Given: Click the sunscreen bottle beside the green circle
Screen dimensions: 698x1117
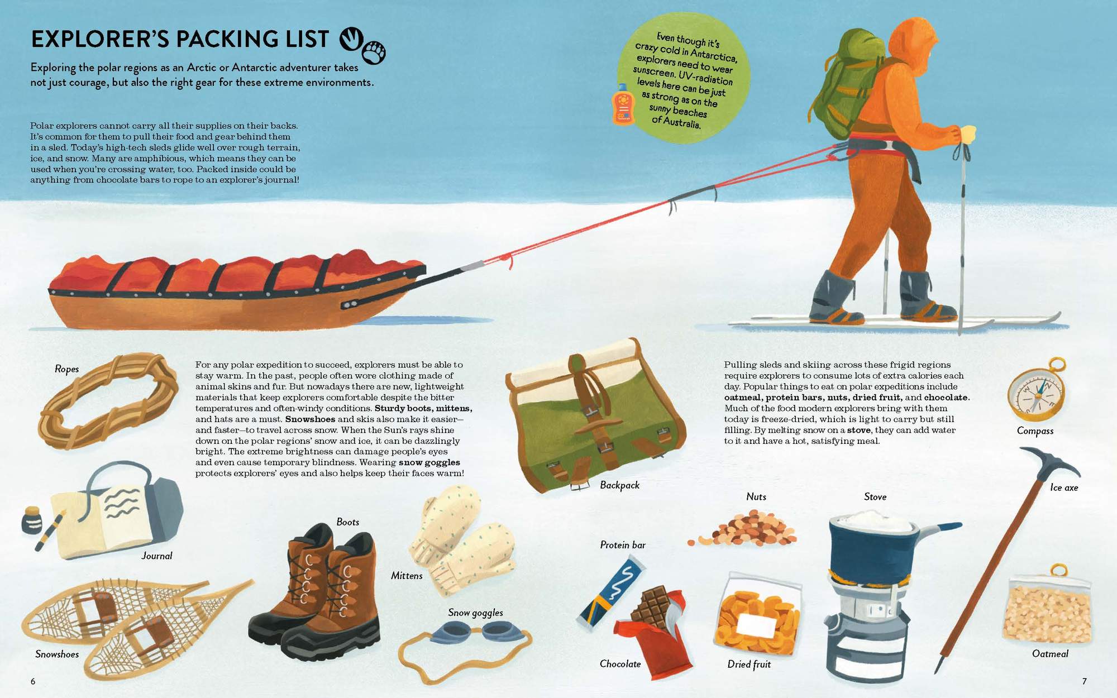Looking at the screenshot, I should point(623,104).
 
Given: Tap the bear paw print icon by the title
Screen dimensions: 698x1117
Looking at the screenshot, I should point(374,52).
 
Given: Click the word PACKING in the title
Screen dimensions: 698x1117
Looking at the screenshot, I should point(238,39).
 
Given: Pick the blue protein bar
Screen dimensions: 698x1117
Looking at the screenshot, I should point(612,594).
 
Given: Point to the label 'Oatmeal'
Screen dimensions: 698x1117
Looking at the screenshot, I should point(1050,654).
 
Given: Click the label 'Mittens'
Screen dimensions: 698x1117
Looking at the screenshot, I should point(407,576).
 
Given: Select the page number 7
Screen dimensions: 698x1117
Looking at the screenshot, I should point(1084,681).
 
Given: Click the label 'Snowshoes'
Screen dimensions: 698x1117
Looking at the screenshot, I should point(57,654).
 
